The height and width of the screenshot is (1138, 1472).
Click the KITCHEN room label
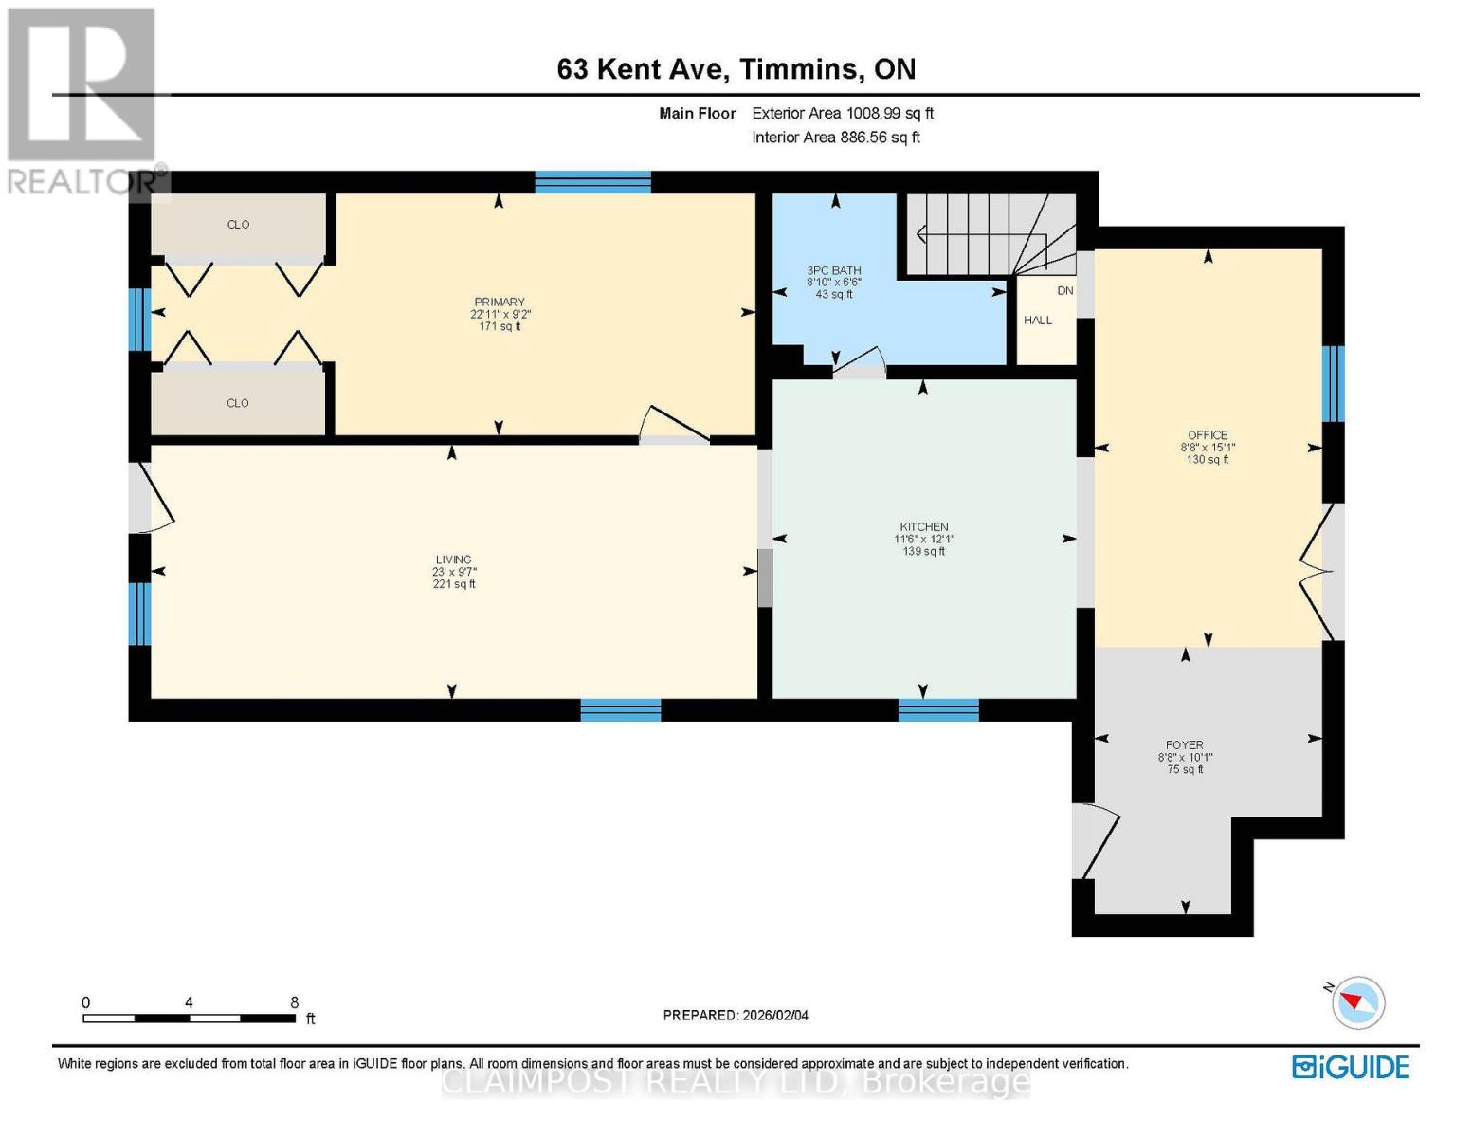923,526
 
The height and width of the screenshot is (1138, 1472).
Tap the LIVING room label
453,560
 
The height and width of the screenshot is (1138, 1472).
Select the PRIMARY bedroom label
500,302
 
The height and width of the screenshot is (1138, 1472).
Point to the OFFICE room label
1208,434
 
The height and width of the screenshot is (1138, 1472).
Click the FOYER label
1184,744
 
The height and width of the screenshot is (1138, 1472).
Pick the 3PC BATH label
833,270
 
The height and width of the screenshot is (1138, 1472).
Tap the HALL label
1037,320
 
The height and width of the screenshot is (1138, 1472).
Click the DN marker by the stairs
1064,291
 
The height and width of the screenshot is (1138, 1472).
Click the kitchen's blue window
938,709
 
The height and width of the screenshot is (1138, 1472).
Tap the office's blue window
1333,384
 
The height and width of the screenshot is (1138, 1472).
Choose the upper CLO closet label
238,225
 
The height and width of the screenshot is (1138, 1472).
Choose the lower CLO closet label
237,403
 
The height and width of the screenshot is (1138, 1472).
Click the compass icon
1357,1003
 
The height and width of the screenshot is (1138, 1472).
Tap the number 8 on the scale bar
294,1001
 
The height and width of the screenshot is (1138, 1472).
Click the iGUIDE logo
1351,1067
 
